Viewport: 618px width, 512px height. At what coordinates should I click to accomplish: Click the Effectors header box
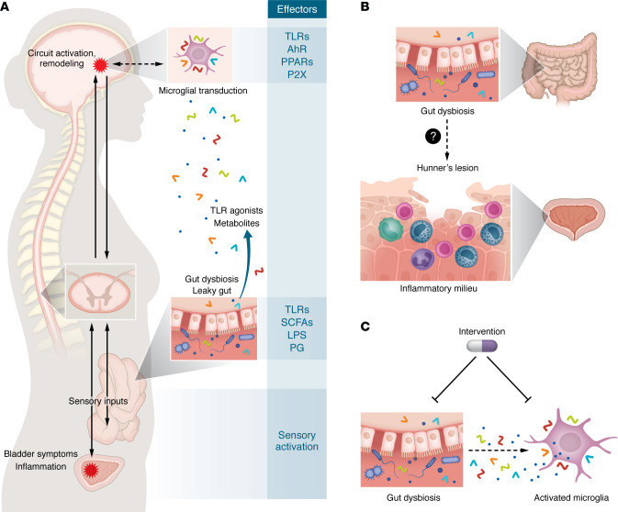point(297,9)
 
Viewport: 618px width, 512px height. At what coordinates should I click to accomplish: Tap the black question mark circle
point(433,137)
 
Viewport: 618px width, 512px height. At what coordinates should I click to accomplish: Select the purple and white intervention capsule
point(481,346)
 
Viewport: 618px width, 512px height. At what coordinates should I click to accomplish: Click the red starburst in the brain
point(100,64)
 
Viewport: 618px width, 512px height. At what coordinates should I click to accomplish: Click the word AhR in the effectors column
point(297,49)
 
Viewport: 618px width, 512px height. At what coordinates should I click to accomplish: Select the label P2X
point(297,74)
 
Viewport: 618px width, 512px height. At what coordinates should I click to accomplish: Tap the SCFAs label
point(297,322)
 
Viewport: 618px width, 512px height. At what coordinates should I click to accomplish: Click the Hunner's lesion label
point(447,168)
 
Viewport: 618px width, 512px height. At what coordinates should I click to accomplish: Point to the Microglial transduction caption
point(203,91)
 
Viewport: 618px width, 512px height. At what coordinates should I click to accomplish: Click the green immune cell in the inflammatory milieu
point(390,228)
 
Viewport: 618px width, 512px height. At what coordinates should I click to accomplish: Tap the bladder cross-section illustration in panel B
point(574,217)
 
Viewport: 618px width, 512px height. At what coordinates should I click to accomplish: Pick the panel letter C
point(365,327)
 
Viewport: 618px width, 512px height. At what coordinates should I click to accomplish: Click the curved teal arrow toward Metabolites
point(243,264)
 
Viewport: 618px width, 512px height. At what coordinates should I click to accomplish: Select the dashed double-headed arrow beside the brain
point(135,64)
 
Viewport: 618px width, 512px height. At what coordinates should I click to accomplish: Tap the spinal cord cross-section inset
point(100,292)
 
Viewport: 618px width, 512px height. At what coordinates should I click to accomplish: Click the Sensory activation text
point(297,440)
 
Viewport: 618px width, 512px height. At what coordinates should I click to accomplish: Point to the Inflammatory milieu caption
point(438,288)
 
